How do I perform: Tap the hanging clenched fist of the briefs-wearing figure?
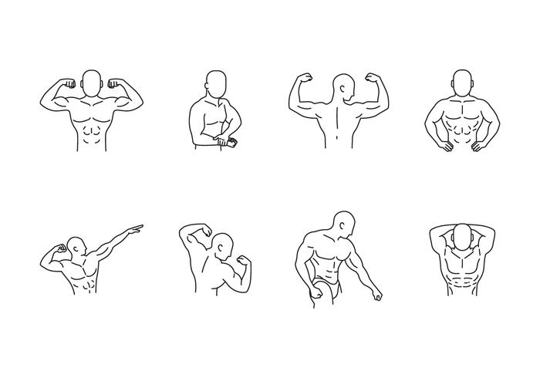tap(378, 295)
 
